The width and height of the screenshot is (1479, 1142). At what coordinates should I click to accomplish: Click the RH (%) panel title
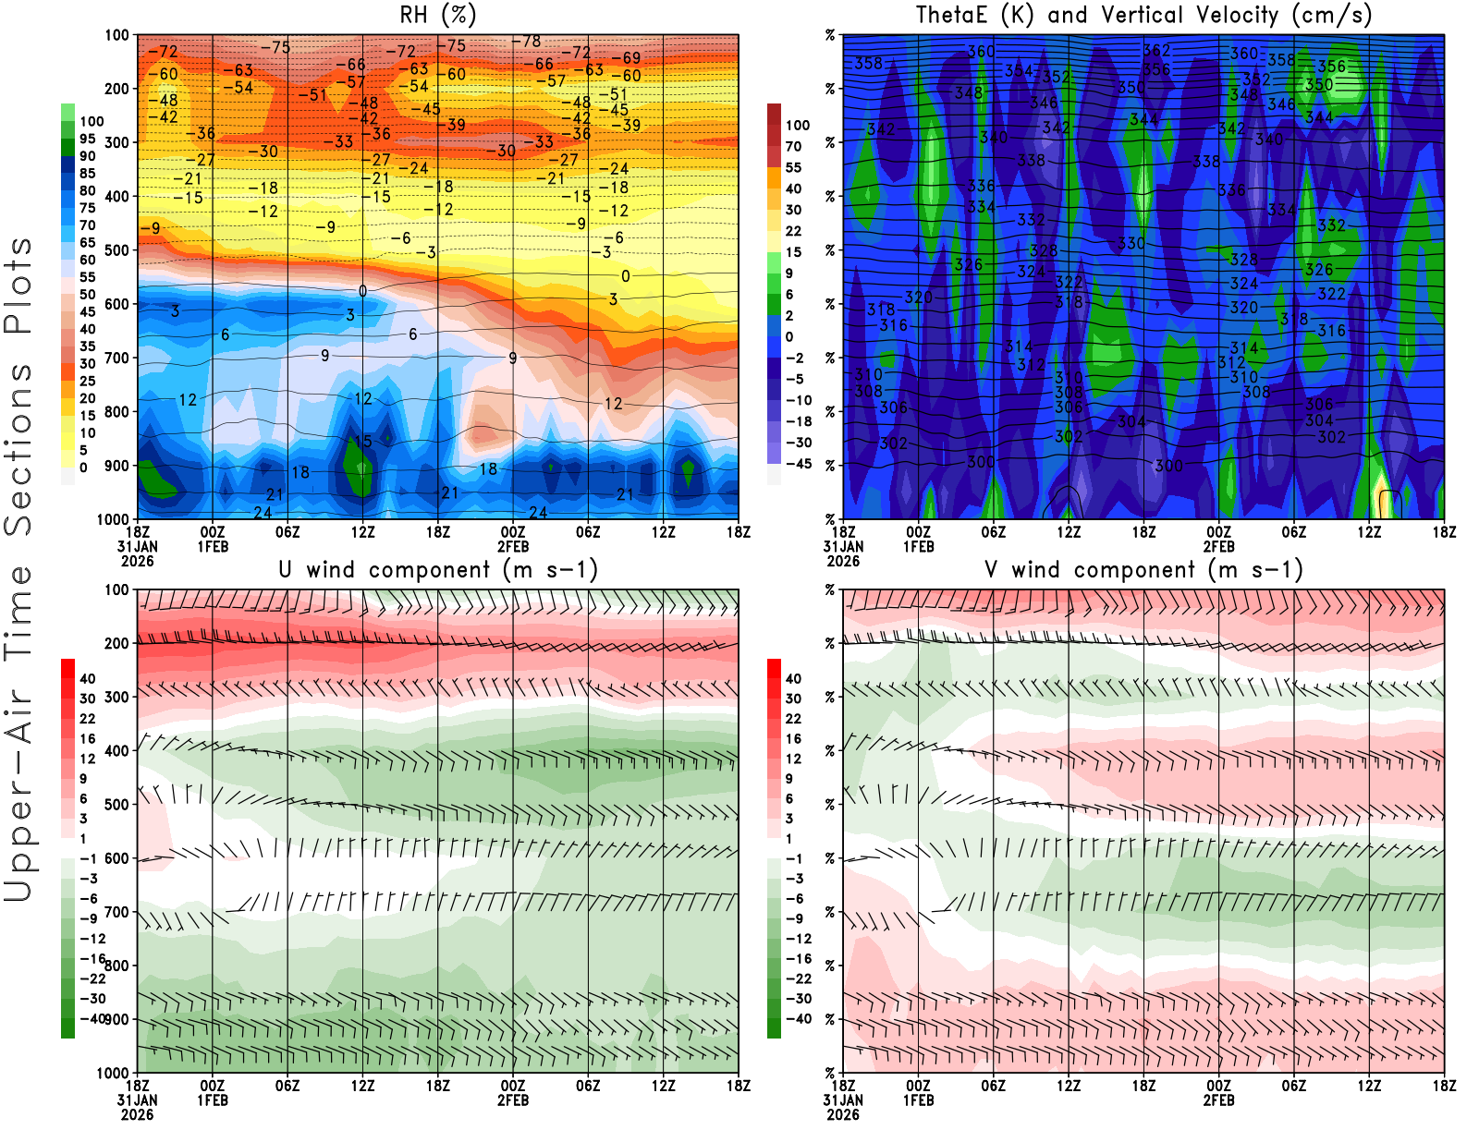pyautogui.click(x=438, y=15)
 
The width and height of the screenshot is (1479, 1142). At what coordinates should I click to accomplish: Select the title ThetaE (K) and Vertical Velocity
pyautogui.click(x=1143, y=15)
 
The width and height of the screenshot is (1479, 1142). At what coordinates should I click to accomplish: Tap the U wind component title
pyautogui.click(x=438, y=569)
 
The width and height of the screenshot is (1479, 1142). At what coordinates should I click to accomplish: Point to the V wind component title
pyautogui.click(x=1143, y=569)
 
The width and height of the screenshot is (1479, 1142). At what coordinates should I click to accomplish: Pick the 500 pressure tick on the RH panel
pyautogui.click(x=116, y=250)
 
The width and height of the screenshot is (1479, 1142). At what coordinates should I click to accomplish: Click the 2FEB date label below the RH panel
pyautogui.click(x=513, y=546)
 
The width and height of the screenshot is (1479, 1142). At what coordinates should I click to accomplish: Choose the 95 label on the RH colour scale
pyautogui.click(x=88, y=139)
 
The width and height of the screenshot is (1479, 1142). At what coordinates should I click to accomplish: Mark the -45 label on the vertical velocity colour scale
pyautogui.click(x=798, y=464)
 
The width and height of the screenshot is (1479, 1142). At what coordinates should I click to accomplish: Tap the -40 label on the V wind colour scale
pyautogui.click(x=798, y=1019)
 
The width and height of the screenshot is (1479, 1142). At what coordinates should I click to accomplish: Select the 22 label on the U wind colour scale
pyautogui.click(x=88, y=719)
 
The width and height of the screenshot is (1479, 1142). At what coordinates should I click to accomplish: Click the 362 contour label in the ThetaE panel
pyautogui.click(x=1156, y=50)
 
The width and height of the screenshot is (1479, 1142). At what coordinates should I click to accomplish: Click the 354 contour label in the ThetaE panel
pyautogui.click(x=1019, y=70)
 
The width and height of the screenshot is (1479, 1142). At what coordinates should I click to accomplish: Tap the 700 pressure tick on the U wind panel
pyautogui.click(x=116, y=912)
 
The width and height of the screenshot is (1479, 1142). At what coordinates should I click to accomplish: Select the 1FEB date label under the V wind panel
pyautogui.click(x=918, y=1100)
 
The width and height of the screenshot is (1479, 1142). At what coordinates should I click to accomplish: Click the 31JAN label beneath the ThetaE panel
pyautogui.click(x=843, y=546)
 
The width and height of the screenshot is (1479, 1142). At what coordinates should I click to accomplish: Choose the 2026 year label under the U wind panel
pyautogui.click(x=137, y=1114)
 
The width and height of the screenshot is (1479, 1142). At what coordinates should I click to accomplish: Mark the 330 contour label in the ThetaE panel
pyautogui.click(x=1131, y=243)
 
